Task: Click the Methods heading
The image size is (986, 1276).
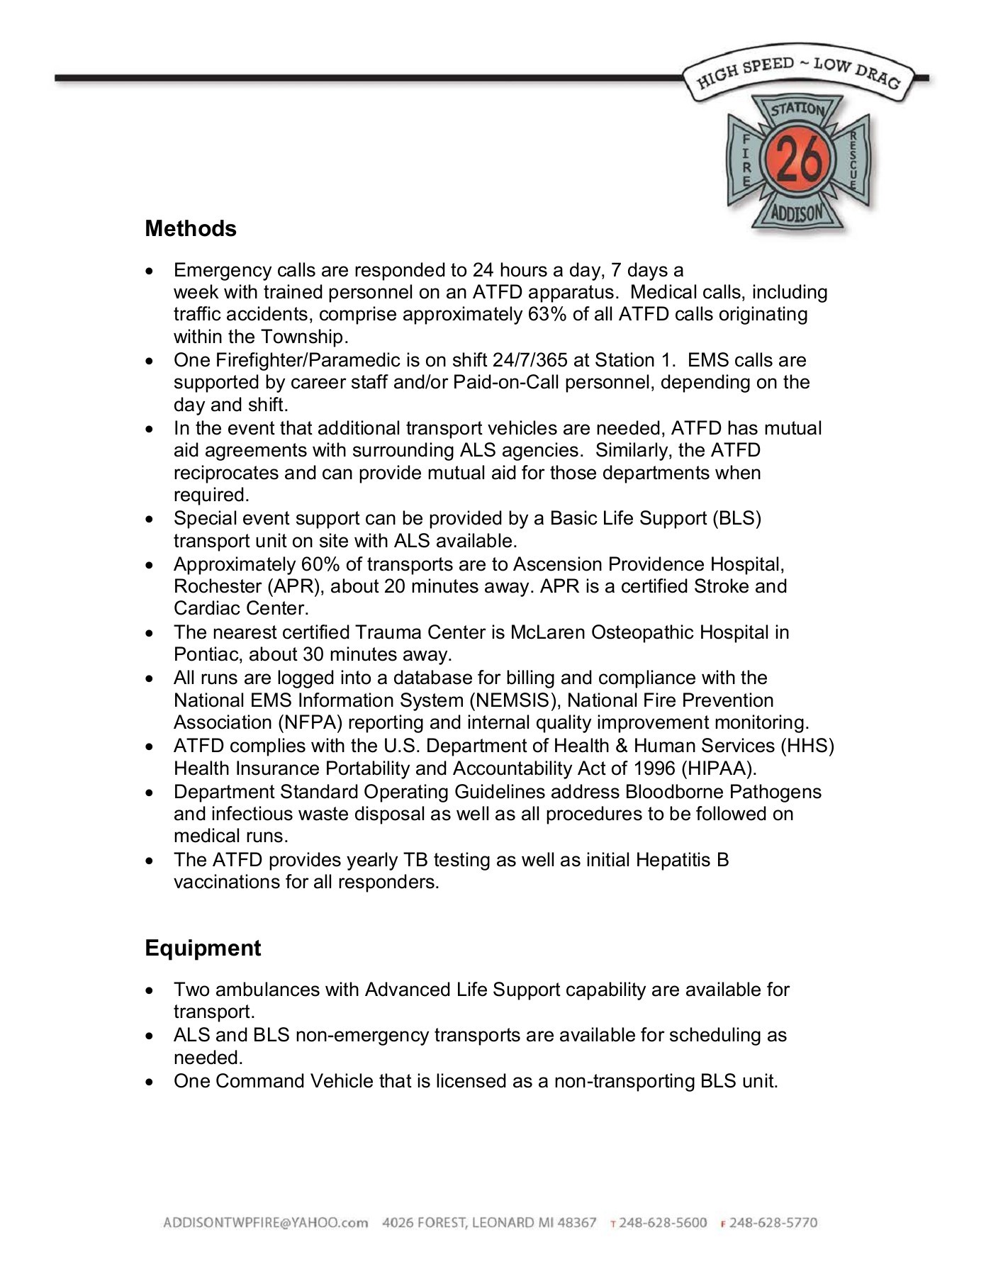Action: [190, 229]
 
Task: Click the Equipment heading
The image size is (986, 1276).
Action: [203, 948]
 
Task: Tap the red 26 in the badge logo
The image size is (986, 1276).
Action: [798, 159]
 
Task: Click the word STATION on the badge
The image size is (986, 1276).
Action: [798, 111]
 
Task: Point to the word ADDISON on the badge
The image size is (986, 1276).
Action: [798, 212]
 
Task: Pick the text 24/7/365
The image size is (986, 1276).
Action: [526, 360]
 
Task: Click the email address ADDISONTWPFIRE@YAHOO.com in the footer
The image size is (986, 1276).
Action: [266, 1223]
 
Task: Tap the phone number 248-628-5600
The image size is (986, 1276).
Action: [663, 1223]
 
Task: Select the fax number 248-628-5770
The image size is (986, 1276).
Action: [773, 1223]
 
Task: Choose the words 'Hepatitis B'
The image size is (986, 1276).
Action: [682, 860]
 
